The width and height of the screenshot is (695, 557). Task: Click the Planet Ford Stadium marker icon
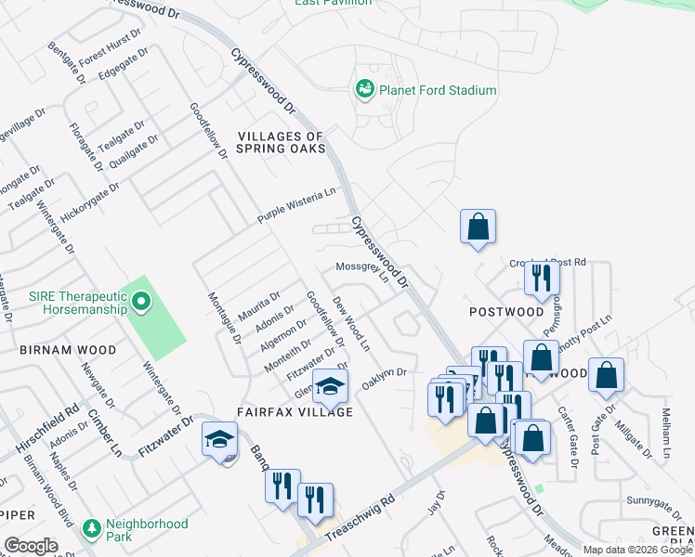[x=364, y=89]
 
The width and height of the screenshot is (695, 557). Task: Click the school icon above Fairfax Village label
[x=330, y=384]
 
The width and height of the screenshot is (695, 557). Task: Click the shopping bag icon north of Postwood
[x=478, y=226]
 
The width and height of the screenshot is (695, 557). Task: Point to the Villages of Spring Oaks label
[x=281, y=142]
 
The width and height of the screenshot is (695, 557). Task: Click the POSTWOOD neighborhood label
[x=506, y=312]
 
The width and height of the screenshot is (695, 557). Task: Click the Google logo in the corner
[x=32, y=546]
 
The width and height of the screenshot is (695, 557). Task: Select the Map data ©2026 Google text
[x=636, y=550]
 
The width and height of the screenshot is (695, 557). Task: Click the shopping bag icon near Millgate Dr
[x=606, y=374]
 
